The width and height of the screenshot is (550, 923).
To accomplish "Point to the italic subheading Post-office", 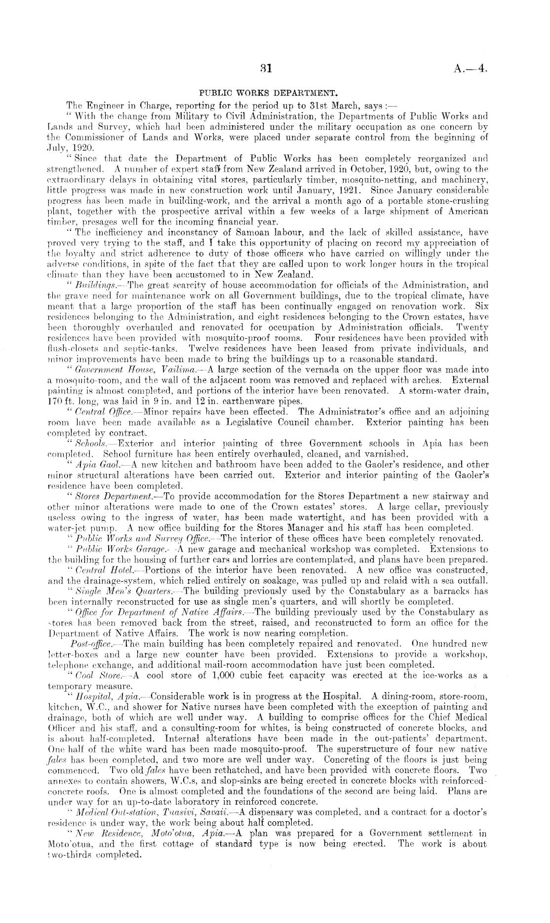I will (92, 644).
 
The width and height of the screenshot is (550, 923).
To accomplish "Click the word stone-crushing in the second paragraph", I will (459, 201).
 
